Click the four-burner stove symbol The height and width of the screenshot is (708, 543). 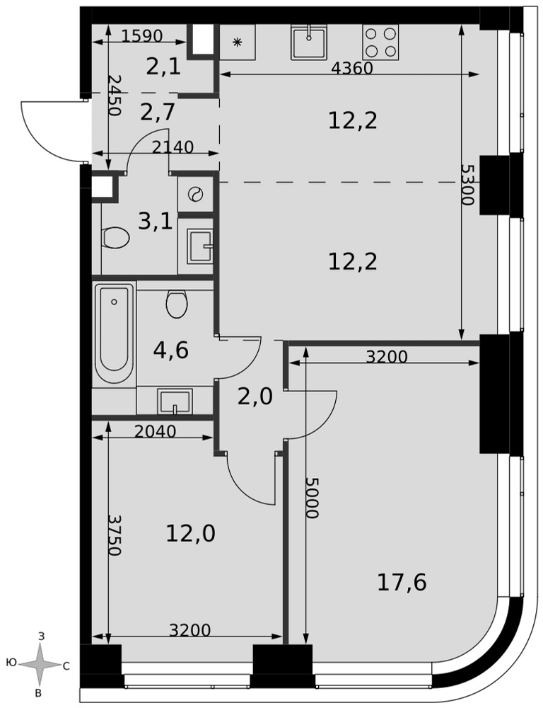(x=380, y=42)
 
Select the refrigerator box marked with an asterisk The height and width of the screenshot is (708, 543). (x=238, y=42)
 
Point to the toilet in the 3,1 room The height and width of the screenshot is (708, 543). (x=117, y=236)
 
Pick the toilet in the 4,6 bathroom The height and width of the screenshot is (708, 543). (x=176, y=303)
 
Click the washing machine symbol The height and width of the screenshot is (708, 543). (x=195, y=194)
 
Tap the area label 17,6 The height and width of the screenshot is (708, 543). (x=402, y=583)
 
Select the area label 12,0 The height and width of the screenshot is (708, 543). (x=190, y=534)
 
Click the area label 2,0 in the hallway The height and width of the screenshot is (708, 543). (x=255, y=397)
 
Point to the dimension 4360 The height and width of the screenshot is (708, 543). (x=352, y=68)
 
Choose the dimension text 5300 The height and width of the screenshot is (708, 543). (x=467, y=184)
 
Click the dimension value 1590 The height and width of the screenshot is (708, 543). (x=141, y=36)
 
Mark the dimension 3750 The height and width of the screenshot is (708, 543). (x=115, y=535)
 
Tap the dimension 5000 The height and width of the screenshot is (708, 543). (x=312, y=498)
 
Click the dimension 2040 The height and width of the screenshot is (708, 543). (x=155, y=432)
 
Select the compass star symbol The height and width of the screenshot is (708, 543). (x=40, y=664)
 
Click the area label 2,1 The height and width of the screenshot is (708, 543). (x=163, y=67)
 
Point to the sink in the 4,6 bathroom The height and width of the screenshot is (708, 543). (x=175, y=401)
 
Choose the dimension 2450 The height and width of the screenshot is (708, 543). (x=115, y=96)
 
